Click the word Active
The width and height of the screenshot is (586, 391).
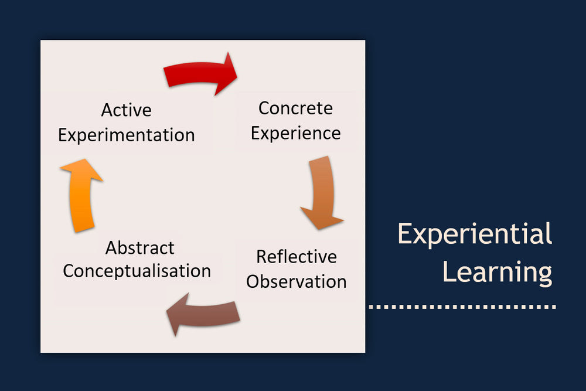(x=126, y=110)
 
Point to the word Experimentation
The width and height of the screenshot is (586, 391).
(x=126, y=135)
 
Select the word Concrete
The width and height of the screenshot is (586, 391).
(x=295, y=108)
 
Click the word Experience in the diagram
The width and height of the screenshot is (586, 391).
(x=295, y=134)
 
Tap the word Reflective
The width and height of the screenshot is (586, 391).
(x=296, y=257)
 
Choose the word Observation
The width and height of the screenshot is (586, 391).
(x=296, y=281)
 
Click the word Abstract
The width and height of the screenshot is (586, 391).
(x=139, y=248)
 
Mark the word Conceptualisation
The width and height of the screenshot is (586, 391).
(x=137, y=271)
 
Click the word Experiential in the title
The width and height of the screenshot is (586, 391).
(x=475, y=234)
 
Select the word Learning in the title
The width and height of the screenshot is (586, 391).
(x=497, y=272)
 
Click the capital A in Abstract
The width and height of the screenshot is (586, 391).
(x=111, y=248)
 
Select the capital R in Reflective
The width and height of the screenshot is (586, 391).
(x=262, y=257)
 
